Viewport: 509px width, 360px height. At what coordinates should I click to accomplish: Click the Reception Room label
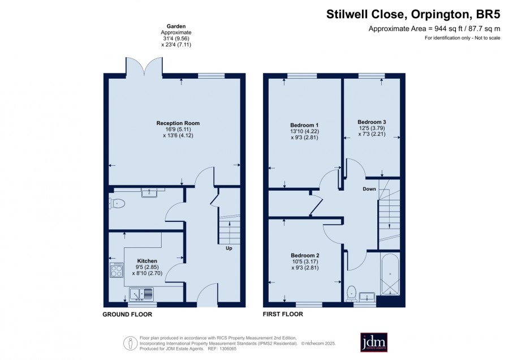pyautogui.click(x=178, y=123)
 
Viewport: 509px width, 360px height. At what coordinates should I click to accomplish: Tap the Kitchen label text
pyautogui.click(x=147, y=261)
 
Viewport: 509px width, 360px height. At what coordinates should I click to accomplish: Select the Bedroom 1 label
pyautogui.click(x=304, y=125)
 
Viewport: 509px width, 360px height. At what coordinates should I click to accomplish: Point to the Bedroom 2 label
pyautogui.click(x=305, y=255)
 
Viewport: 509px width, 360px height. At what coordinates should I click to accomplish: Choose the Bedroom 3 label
pyautogui.click(x=372, y=122)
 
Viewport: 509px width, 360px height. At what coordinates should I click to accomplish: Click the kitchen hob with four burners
pyautogui.click(x=117, y=271)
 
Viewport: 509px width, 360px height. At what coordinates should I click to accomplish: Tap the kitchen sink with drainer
pyautogui.click(x=141, y=294)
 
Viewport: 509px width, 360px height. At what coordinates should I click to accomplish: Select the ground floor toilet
pyautogui.click(x=117, y=204)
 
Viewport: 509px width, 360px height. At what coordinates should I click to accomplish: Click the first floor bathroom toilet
pyautogui.click(x=351, y=293)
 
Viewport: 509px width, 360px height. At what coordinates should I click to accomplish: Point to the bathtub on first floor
pyautogui.click(x=390, y=274)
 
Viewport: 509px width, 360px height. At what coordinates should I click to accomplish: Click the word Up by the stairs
pyautogui.click(x=229, y=248)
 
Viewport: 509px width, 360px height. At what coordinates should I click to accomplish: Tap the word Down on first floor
pyautogui.click(x=369, y=189)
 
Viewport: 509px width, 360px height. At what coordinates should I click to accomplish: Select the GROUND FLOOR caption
pyautogui.click(x=127, y=315)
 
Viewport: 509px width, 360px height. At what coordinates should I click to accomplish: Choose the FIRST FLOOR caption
pyautogui.click(x=283, y=314)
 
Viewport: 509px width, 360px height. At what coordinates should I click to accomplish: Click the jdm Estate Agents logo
pyautogui.click(x=374, y=342)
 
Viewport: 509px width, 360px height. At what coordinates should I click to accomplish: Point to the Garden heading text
pyautogui.click(x=176, y=26)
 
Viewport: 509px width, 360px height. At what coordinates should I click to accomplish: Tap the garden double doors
pyautogui.click(x=144, y=67)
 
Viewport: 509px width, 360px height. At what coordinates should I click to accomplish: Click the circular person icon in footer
pyautogui.click(x=130, y=343)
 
